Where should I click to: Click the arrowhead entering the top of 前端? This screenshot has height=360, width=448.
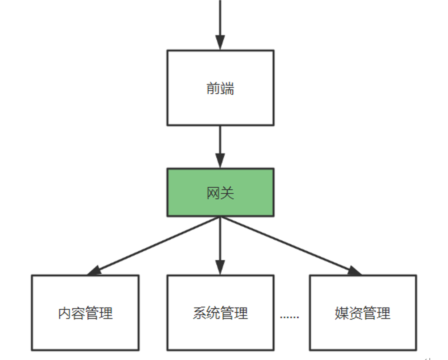coord(220,42)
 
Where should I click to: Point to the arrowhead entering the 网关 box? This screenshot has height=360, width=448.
coord(220,161)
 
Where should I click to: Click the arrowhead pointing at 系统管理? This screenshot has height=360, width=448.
coord(220,267)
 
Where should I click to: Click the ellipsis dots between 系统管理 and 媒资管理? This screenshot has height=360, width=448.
coord(290,316)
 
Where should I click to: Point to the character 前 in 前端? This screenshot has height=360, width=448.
coord(213,88)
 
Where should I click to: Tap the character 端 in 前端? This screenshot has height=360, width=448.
coord(227,88)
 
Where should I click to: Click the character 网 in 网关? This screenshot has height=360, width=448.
coord(213,193)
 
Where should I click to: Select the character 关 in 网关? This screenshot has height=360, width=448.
coord(227,193)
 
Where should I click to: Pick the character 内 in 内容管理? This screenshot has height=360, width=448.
coord(64,313)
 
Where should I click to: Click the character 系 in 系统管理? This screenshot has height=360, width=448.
coord(199,313)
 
